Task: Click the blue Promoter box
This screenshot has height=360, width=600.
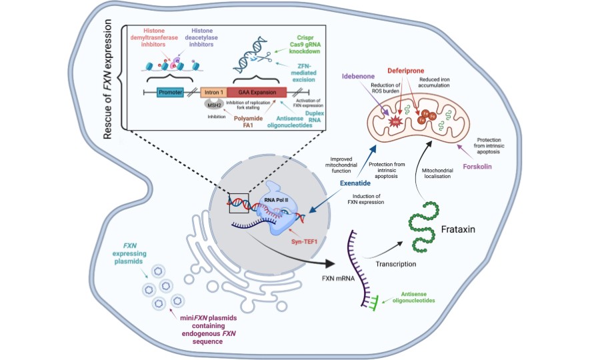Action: click(x=171, y=93)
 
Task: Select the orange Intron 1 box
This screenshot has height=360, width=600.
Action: click(x=211, y=93)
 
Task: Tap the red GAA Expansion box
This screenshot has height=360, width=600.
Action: click(x=257, y=93)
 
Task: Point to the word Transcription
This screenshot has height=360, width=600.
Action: click(x=395, y=264)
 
